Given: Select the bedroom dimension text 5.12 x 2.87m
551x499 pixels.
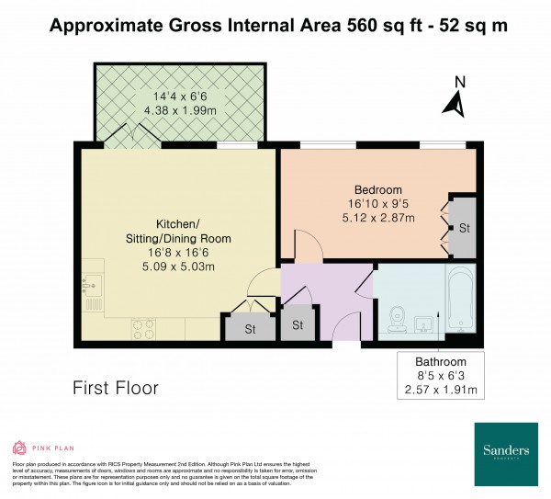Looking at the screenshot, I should click(x=377, y=218).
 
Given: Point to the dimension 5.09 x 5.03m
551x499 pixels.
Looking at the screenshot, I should click(x=178, y=267).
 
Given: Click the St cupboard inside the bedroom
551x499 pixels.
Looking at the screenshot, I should click(x=464, y=228).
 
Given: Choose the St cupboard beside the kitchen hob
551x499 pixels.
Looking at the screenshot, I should click(x=249, y=328).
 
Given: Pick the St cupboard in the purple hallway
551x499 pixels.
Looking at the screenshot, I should click(x=298, y=325).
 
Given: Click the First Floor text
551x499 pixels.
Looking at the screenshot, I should click(x=116, y=388).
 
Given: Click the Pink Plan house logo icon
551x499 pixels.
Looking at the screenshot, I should click(x=19, y=448).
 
